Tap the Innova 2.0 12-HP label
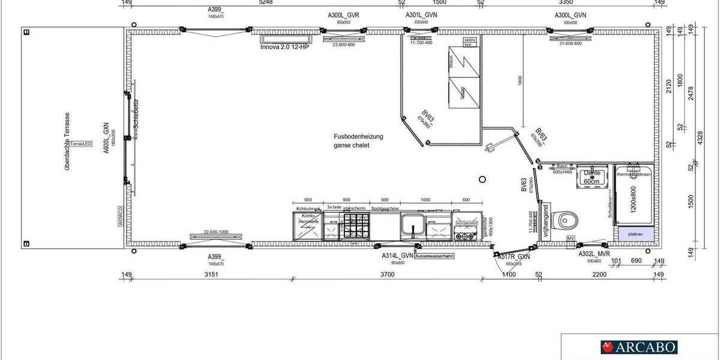pyautogui.click(x=284, y=47)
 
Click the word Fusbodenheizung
pyautogui.click(x=359, y=137)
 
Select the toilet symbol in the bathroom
pyautogui.click(x=565, y=221)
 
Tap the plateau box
pyautogui.click(x=632, y=234)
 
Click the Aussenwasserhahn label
pyautogui.click(x=434, y=256)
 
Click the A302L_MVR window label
pyautogui.click(x=595, y=254)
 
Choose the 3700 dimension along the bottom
pyautogui.click(x=387, y=275)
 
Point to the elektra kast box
pyautogui.click(x=470, y=41)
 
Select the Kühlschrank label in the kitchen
pyautogui.click(x=305, y=208)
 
